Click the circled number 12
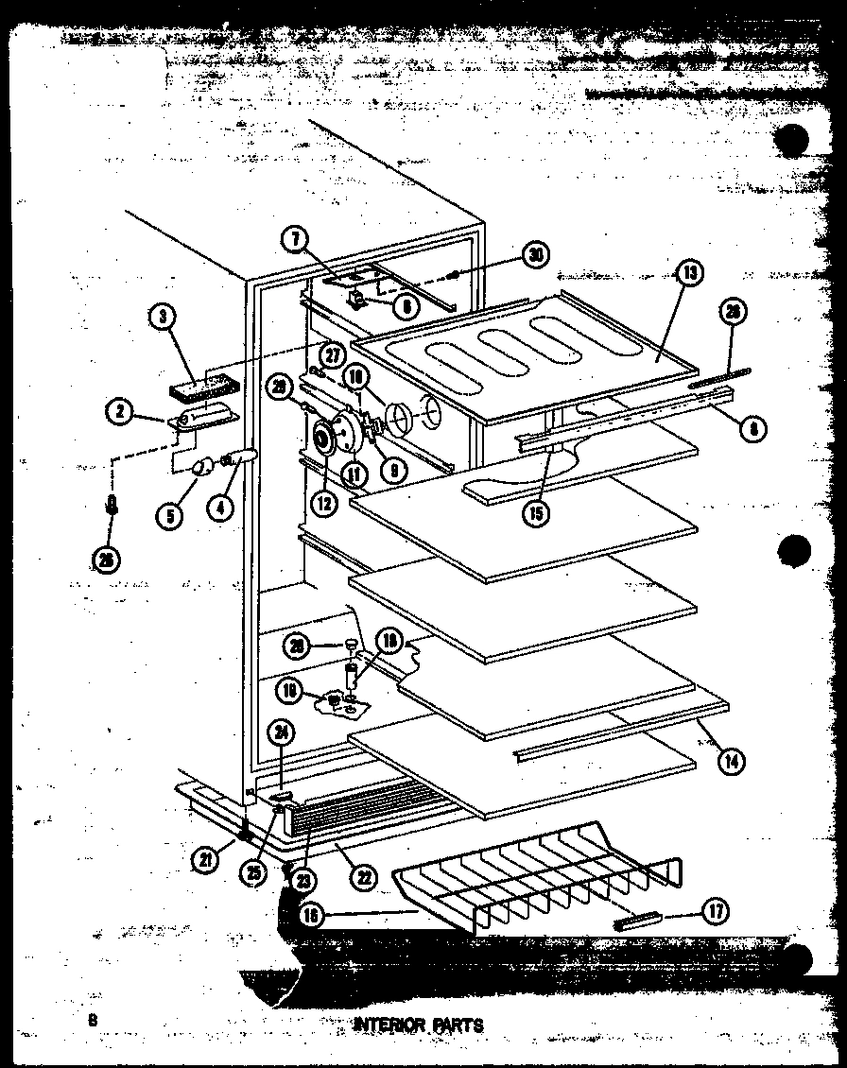pos(324,504)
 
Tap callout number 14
pos(729,760)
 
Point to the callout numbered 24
pos(280,729)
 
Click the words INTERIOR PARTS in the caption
pos(417,1025)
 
